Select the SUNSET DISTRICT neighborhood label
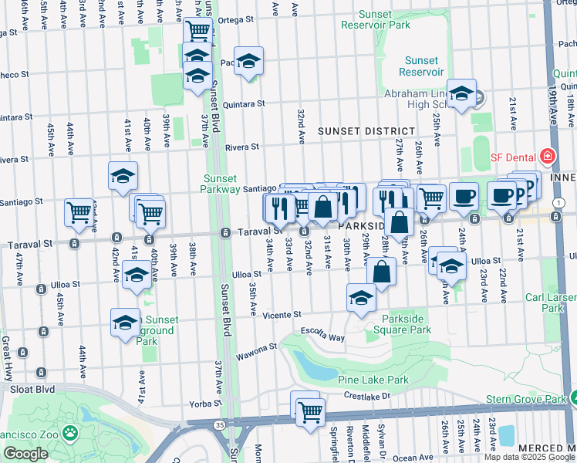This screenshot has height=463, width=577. pos(366,132)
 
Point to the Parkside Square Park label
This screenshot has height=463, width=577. pos(406,324)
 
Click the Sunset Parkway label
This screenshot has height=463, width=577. pos(225,184)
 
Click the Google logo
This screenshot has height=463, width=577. pos(25,454)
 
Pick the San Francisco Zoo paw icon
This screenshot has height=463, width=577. pos(70,432)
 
